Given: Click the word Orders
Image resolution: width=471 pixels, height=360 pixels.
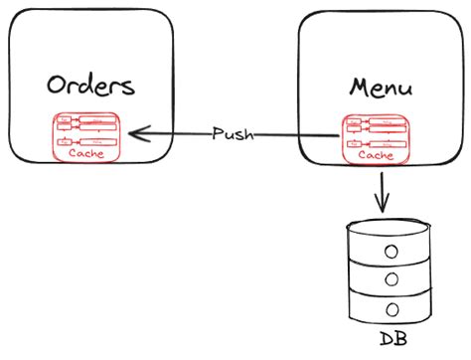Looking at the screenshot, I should click(91, 85).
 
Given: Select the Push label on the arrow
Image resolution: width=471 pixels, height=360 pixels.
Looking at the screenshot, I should click(233, 133).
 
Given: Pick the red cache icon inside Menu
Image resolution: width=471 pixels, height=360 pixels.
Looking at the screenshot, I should click(375, 137).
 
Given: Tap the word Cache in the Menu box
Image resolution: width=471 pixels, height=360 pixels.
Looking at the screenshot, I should click(375, 154).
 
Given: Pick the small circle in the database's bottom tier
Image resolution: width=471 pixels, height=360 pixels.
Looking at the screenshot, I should click(393, 308).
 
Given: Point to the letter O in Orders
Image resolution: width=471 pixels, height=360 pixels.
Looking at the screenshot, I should click(58, 85).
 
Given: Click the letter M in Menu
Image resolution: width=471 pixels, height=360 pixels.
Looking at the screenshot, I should click(359, 86).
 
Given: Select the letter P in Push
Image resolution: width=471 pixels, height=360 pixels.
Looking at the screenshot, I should click(218, 133).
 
